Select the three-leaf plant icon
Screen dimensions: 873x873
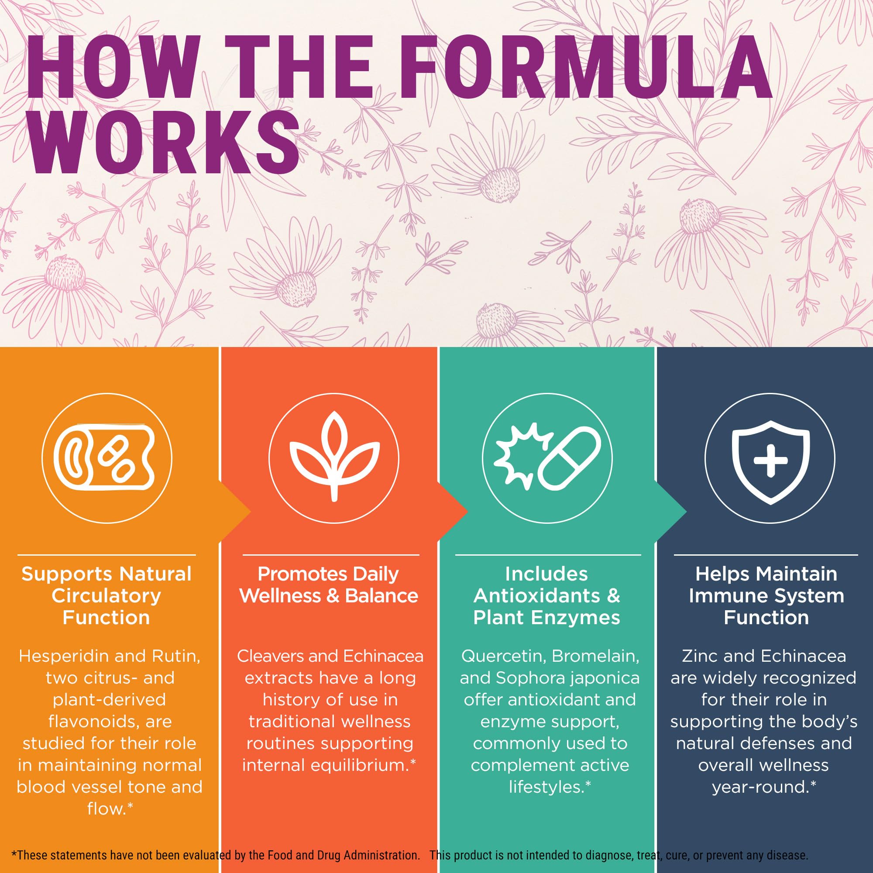(x=334, y=456)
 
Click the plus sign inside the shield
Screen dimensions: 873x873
(x=771, y=461)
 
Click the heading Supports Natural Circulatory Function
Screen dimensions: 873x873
(x=107, y=595)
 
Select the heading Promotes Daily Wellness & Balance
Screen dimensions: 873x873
(x=329, y=585)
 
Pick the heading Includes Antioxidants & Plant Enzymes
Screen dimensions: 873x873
(x=547, y=595)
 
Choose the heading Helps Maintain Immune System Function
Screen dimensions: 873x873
(x=766, y=595)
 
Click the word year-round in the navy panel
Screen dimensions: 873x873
(x=760, y=787)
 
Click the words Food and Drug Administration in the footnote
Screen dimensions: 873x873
(x=343, y=855)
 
